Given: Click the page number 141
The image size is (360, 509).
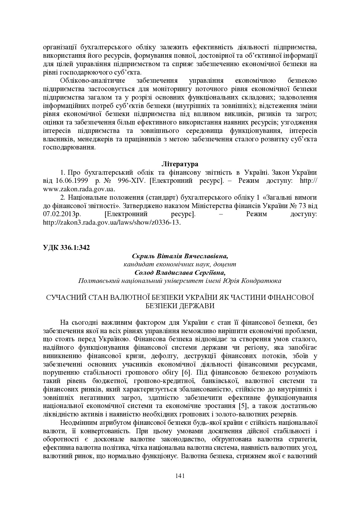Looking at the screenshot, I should point(180,476).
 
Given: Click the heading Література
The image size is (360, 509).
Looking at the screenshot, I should point(180,164).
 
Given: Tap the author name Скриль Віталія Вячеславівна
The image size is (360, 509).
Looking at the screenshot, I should point(180,256).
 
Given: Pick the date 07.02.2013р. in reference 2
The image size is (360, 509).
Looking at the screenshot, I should point(62,214).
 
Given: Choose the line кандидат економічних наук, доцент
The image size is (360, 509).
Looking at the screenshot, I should point(180,264).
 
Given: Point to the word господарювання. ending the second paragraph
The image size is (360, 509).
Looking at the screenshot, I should point(69,147).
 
